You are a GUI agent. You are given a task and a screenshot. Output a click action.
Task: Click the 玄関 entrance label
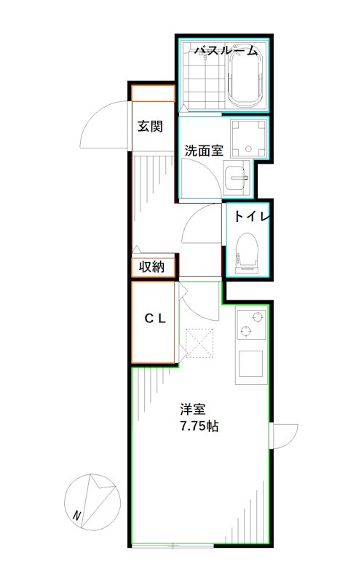click(150, 126)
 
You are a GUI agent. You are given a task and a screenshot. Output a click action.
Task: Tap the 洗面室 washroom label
click(203, 151)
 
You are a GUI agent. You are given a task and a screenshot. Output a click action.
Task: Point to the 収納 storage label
click(153, 267)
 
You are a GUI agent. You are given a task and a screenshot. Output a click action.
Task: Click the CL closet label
click(154, 318)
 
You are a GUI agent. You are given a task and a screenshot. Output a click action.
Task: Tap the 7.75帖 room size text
click(199, 426)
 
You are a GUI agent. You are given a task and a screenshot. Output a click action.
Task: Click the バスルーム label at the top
click(226, 51)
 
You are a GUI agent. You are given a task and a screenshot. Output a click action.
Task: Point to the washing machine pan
click(248, 138)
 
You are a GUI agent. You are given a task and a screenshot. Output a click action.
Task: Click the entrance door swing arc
click(103, 124)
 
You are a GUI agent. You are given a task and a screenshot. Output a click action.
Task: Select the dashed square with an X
click(199, 341)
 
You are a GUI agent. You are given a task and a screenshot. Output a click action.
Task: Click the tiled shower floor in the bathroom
click(202, 84)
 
